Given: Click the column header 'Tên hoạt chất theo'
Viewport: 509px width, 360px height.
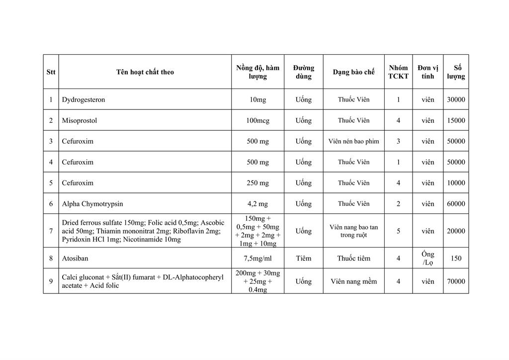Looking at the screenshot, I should coord(145,72).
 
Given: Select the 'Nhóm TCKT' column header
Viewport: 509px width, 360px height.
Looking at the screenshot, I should coord(398,72).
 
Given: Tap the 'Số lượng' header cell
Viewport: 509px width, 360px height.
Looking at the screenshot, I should coord(456,72).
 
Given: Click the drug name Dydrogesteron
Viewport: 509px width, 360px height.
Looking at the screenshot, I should coord(84,99).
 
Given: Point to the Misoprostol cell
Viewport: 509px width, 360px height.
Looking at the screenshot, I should coord(80,120).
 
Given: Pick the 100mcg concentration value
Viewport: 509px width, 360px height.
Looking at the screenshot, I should coord(257,120).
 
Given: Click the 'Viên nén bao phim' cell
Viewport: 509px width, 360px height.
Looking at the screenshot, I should coord(353,141).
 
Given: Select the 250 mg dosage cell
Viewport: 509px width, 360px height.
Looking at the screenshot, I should coord(257,183).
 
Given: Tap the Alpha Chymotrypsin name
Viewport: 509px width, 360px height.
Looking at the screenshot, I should coord(92,204).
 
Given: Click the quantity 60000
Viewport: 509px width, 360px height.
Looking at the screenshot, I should coord(456,204).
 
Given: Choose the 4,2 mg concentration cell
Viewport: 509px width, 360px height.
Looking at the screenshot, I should coord(257,204).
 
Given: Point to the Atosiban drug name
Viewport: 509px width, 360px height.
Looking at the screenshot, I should coord(75,259).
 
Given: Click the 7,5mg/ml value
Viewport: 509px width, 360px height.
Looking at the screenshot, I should coord(257,259).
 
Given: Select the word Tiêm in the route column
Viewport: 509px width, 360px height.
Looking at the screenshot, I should coord(303,259).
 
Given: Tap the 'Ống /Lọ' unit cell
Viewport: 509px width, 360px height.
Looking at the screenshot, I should coord(427,259).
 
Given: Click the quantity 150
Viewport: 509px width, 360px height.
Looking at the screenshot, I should coord(456,259).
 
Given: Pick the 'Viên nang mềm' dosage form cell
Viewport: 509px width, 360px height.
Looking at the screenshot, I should coord(353,281).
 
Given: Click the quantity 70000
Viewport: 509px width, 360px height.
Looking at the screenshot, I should coord(456,281).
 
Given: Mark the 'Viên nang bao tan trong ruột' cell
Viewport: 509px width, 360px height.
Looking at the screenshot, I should coord(353,231).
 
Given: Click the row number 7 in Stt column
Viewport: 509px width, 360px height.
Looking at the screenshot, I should coord(51,231).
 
